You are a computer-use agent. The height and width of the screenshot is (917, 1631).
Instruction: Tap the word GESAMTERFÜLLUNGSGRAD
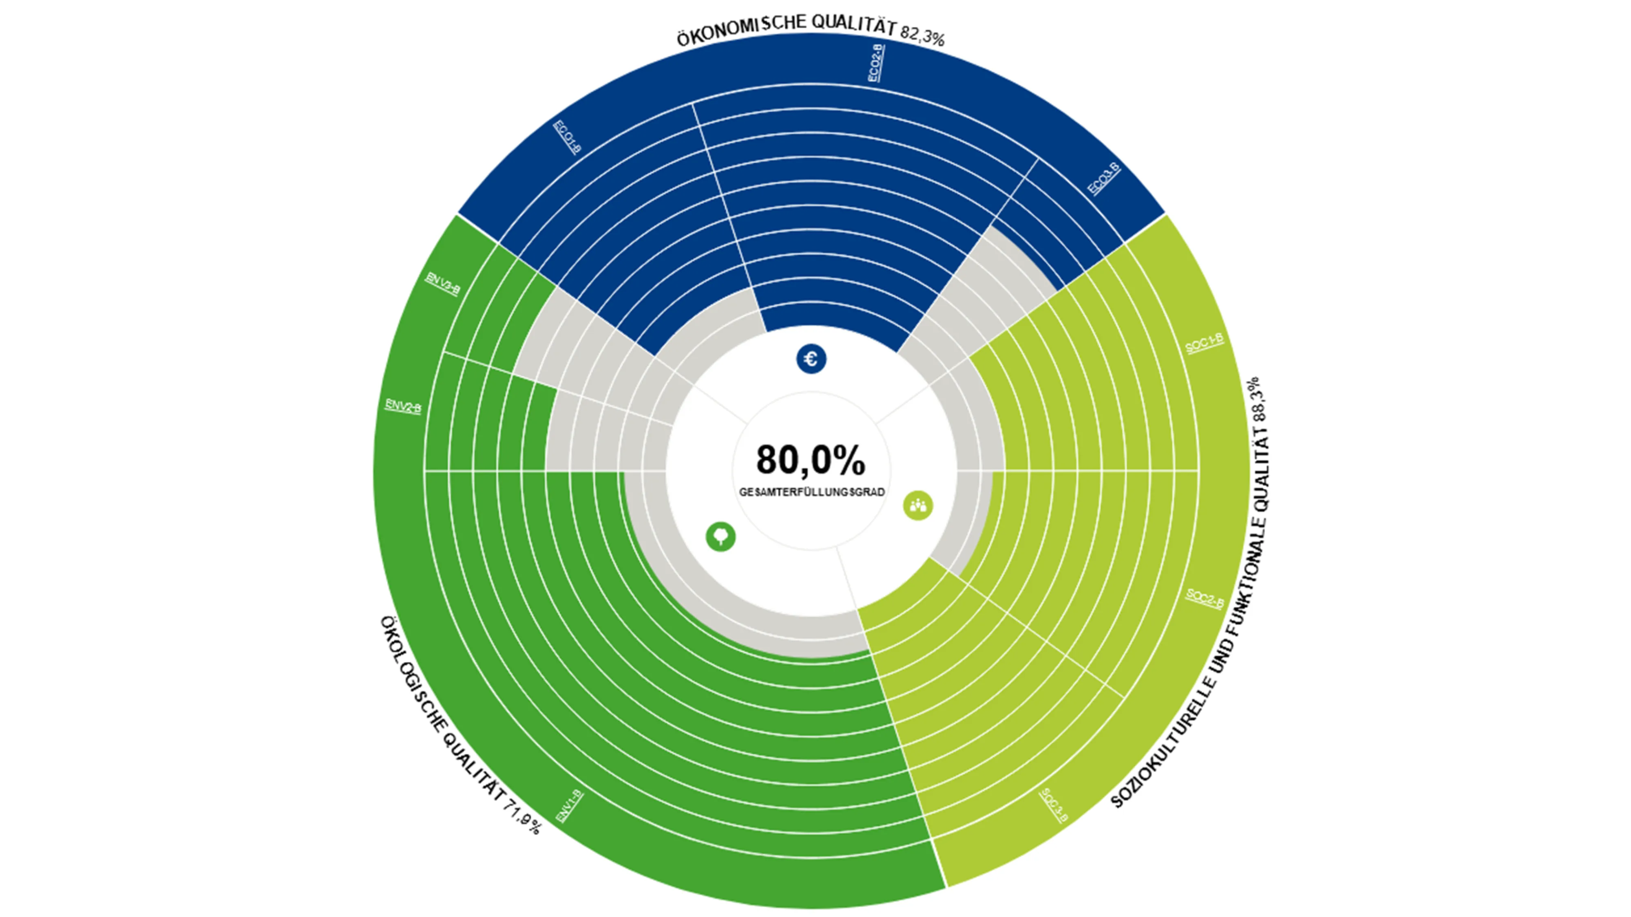coord(812,492)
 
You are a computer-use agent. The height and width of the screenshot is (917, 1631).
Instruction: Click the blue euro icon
coord(811,359)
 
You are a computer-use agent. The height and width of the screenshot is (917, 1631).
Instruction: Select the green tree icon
coord(720,537)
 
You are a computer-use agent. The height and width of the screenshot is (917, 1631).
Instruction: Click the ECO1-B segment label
coord(567,136)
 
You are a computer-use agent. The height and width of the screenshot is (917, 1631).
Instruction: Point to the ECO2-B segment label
coord(876,63)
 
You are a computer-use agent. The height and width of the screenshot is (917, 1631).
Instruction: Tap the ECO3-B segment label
coord(1104,179)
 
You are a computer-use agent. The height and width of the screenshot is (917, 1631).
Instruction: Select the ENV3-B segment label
coord(442,284)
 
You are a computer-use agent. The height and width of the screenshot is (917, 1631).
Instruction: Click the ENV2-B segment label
coord(403,406)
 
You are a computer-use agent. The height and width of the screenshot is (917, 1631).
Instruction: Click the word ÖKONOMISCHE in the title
coord(742,30)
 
